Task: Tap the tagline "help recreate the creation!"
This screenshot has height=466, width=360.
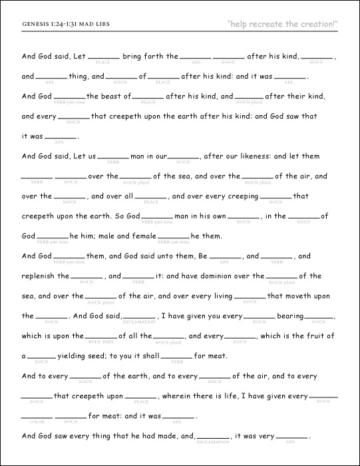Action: point(282,25)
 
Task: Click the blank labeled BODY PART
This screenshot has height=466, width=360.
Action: point(101,337)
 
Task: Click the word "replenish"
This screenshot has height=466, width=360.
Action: point(43,276)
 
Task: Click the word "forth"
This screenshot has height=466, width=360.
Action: point(152,57)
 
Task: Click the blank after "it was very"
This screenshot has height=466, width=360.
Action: point(292,437)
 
